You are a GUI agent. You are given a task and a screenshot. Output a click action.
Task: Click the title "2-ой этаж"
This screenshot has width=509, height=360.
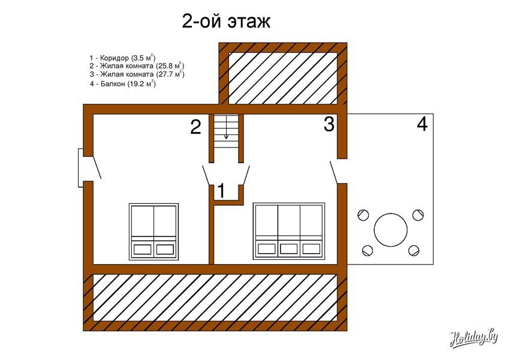226,22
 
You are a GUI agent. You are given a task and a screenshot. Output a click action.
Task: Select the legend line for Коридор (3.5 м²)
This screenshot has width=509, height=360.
123,58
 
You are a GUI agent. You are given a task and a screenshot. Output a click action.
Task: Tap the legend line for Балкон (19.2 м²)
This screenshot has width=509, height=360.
123,84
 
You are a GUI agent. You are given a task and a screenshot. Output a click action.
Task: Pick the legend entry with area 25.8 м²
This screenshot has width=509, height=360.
137,66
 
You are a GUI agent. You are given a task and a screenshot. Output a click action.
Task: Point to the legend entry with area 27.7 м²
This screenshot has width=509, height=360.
137,74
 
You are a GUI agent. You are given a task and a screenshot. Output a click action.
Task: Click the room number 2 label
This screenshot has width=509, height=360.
195,127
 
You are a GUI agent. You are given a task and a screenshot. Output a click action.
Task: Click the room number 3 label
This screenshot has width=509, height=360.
329,124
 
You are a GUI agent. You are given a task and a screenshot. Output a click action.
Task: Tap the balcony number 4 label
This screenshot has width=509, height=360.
422,124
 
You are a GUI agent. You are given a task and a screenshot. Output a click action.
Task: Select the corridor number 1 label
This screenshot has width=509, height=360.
221,190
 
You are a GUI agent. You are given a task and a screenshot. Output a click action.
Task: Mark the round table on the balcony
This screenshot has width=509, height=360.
390,230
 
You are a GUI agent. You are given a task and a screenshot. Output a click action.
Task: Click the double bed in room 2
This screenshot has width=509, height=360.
154,232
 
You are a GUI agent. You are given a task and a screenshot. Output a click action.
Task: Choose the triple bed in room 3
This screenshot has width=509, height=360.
289,231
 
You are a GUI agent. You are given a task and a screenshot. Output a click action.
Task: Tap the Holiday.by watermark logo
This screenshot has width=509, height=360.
474,339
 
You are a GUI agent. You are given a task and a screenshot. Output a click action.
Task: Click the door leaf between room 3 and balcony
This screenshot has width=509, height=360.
335,172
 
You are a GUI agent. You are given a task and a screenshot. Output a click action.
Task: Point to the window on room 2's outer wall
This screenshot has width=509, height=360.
81,167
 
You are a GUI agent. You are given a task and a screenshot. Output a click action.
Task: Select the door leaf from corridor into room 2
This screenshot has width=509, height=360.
206,175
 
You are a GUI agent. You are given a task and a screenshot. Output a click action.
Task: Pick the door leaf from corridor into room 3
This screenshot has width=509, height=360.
246,175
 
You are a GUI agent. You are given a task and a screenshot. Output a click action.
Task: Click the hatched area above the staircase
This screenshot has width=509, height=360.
283,79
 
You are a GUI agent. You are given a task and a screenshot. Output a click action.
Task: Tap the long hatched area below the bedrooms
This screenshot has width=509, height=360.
215,298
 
